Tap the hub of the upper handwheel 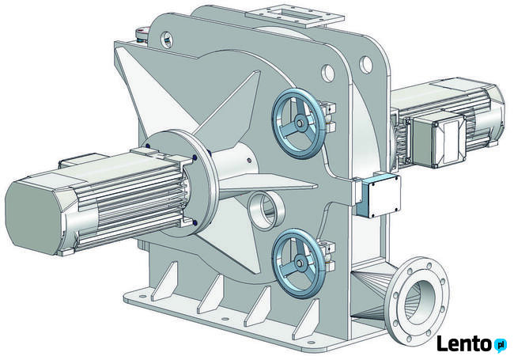[299, 123]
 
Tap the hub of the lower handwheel [299, 263]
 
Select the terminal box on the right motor [438, 140]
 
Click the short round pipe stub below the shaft [266, 210]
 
